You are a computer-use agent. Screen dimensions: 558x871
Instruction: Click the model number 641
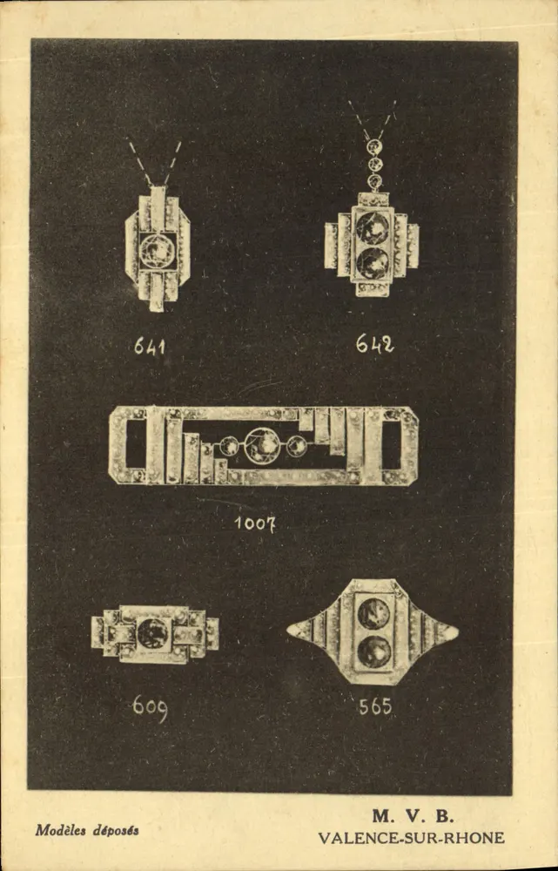pyautogui.click(x=150, y=347)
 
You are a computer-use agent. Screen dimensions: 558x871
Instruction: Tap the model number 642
pyautogui.click(x=375, y=343)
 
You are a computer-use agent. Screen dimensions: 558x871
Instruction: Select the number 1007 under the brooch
pyautogui.click(x=255, y=523)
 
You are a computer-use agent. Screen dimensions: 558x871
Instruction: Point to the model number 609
pyautogui.click(x=150, y=709)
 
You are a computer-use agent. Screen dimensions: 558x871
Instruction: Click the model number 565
pyautogui.click(x=375, y=706)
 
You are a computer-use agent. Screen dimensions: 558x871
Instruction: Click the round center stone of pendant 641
pyautogui.click(x=158, y=251)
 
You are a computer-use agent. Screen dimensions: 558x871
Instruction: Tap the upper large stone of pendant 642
pyautogui.click(x=373, y=227)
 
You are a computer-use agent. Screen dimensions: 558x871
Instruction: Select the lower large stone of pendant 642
pyautogui.click(x=373, y=263)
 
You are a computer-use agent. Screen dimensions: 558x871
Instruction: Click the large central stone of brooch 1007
pyautogui.click(x=262, y=445)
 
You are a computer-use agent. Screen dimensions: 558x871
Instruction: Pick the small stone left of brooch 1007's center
pyautogui.click(x=229, y=445)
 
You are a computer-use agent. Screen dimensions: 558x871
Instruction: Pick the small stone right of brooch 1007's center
pyautogui.click(x=296, y=445)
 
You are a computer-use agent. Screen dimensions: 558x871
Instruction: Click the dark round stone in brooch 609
pyautogui.click(x=152, y=634)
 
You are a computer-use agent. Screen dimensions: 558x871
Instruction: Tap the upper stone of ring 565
pyautogui.click(x=373, y=614)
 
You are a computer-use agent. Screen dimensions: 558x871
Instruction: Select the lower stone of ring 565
pyautogui.click(x=373, y=652)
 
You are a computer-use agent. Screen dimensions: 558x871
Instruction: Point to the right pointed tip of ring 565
pyautogui.click(x=457, y=631)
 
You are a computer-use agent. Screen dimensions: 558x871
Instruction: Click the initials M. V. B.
pyautogui.click(x=413, y=816)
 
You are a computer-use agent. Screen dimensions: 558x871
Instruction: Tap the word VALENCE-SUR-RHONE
pyautogui.click(x=412, y=838)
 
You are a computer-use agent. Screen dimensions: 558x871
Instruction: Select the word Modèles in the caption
pyautogui.click(x=61, y=830)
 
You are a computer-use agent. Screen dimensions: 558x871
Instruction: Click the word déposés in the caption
pyautogui.click(x=116, y=831)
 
